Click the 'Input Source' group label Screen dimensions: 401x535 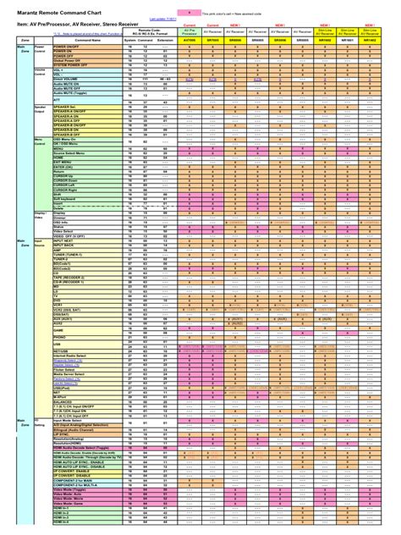[40, 244]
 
